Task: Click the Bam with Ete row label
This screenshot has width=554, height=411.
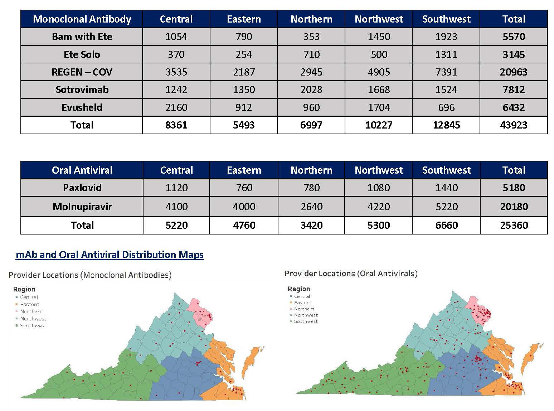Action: pos(82,37)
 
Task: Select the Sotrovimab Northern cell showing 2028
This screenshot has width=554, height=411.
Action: pos(311,90)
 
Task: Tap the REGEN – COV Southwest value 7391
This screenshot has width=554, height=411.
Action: pos(446,72)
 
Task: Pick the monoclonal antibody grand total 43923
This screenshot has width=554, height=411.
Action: pos(514,125)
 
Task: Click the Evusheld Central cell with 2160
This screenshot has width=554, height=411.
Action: pos(176,108)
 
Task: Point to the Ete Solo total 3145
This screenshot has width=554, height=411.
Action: pos(514,55)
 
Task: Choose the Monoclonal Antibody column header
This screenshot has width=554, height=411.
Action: pos(82,19)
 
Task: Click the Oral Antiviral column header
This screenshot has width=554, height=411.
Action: pos(82,170)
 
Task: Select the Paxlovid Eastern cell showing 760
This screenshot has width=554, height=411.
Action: pos(244,188)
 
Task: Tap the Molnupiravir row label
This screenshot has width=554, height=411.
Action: pos(82,207)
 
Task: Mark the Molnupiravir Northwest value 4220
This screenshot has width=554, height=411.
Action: pos(379,207)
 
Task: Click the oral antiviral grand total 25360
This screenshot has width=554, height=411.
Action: pos(514,226)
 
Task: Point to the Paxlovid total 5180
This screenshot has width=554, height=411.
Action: pos(514,188)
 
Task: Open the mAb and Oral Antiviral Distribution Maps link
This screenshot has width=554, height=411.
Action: pos(110,255)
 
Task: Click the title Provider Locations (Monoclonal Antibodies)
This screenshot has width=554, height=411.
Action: pos(90,275)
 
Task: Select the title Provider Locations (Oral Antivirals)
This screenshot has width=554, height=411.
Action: pos(351,274)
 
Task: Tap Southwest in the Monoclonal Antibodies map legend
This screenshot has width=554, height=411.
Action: pos(33,326)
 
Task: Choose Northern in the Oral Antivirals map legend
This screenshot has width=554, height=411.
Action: pos(304,309)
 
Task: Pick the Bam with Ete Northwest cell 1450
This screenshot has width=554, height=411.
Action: pos(379,37)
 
